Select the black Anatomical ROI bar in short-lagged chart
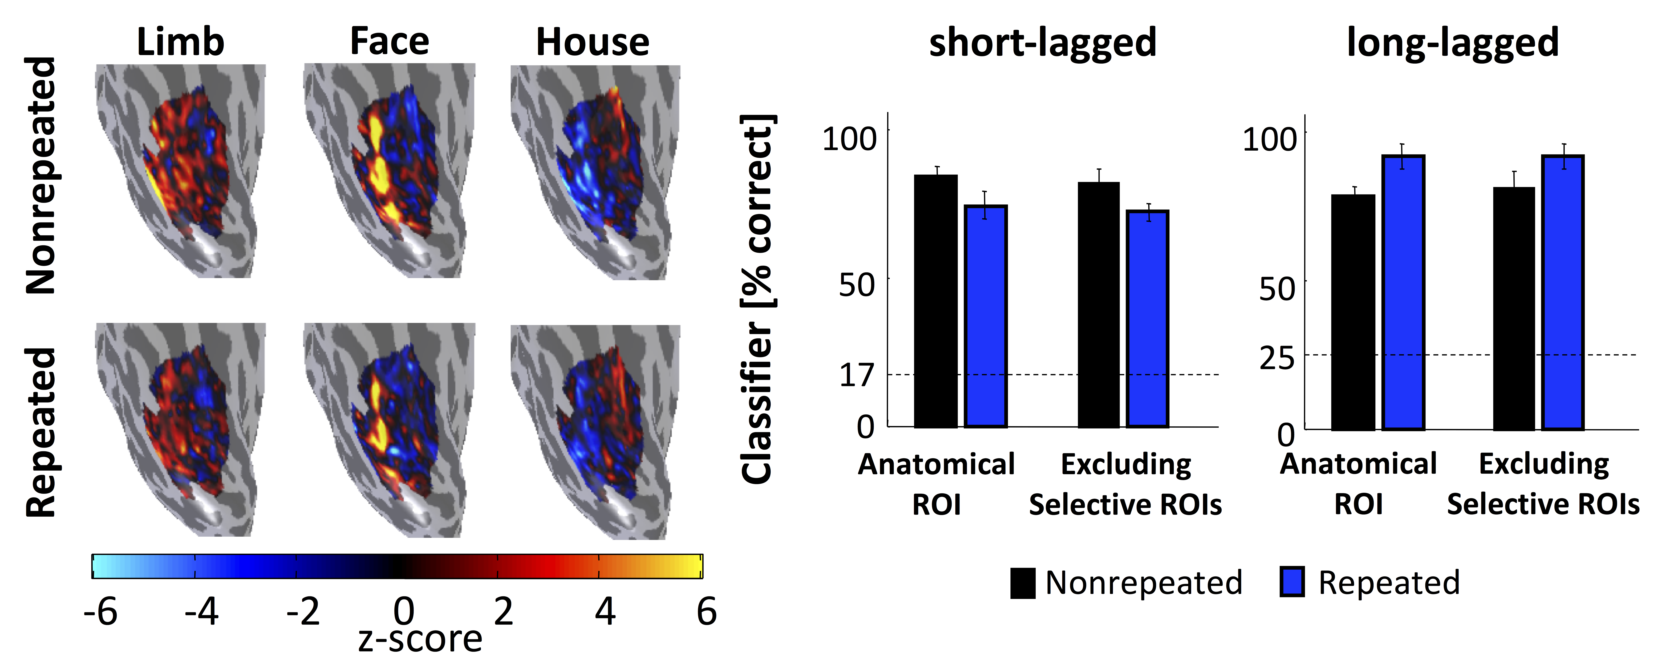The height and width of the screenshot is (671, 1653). click(x=936, y=301)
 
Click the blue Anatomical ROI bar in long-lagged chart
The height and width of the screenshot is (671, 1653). click(x=1403, y=293)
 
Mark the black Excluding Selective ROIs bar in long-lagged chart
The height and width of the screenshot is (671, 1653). click(x=1514, y=308)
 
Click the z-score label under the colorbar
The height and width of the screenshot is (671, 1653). click(x=420, y=639)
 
